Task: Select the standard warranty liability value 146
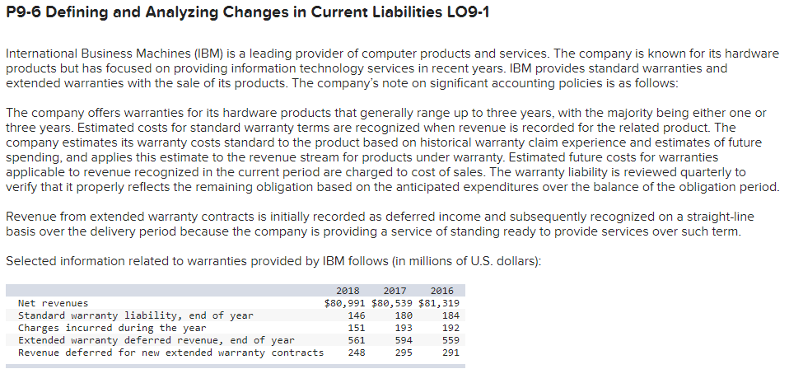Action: tap(357, 315)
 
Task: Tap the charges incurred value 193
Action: tap(403, 327)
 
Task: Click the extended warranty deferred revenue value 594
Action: tap(403, 339)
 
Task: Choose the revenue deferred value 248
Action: tap(357, 352)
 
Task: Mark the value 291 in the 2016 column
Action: tap(450, 352)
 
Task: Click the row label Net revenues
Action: tap(53, 302)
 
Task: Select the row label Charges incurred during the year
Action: tap(111, 327)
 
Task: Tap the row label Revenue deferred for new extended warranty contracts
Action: tap(170, 352)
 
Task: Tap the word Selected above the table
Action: tap(30, 261)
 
